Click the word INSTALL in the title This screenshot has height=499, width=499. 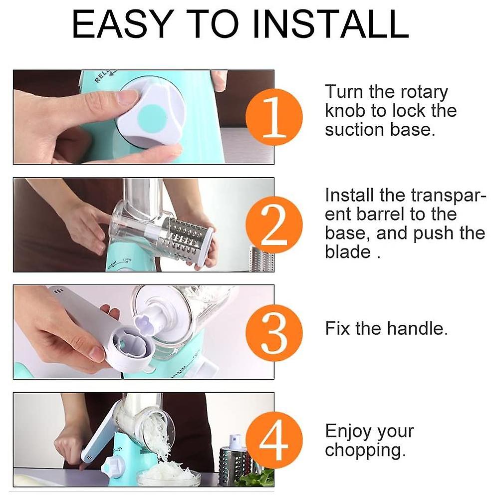330,24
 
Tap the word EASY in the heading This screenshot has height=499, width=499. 123,24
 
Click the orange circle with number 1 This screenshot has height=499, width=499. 274,117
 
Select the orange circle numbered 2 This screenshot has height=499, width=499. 274,225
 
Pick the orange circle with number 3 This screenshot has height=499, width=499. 274,332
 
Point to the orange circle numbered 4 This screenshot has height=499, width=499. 274,440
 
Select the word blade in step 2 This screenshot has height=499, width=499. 348,252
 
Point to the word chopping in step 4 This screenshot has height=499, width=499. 365,451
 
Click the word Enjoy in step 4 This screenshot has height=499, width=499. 348,432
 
